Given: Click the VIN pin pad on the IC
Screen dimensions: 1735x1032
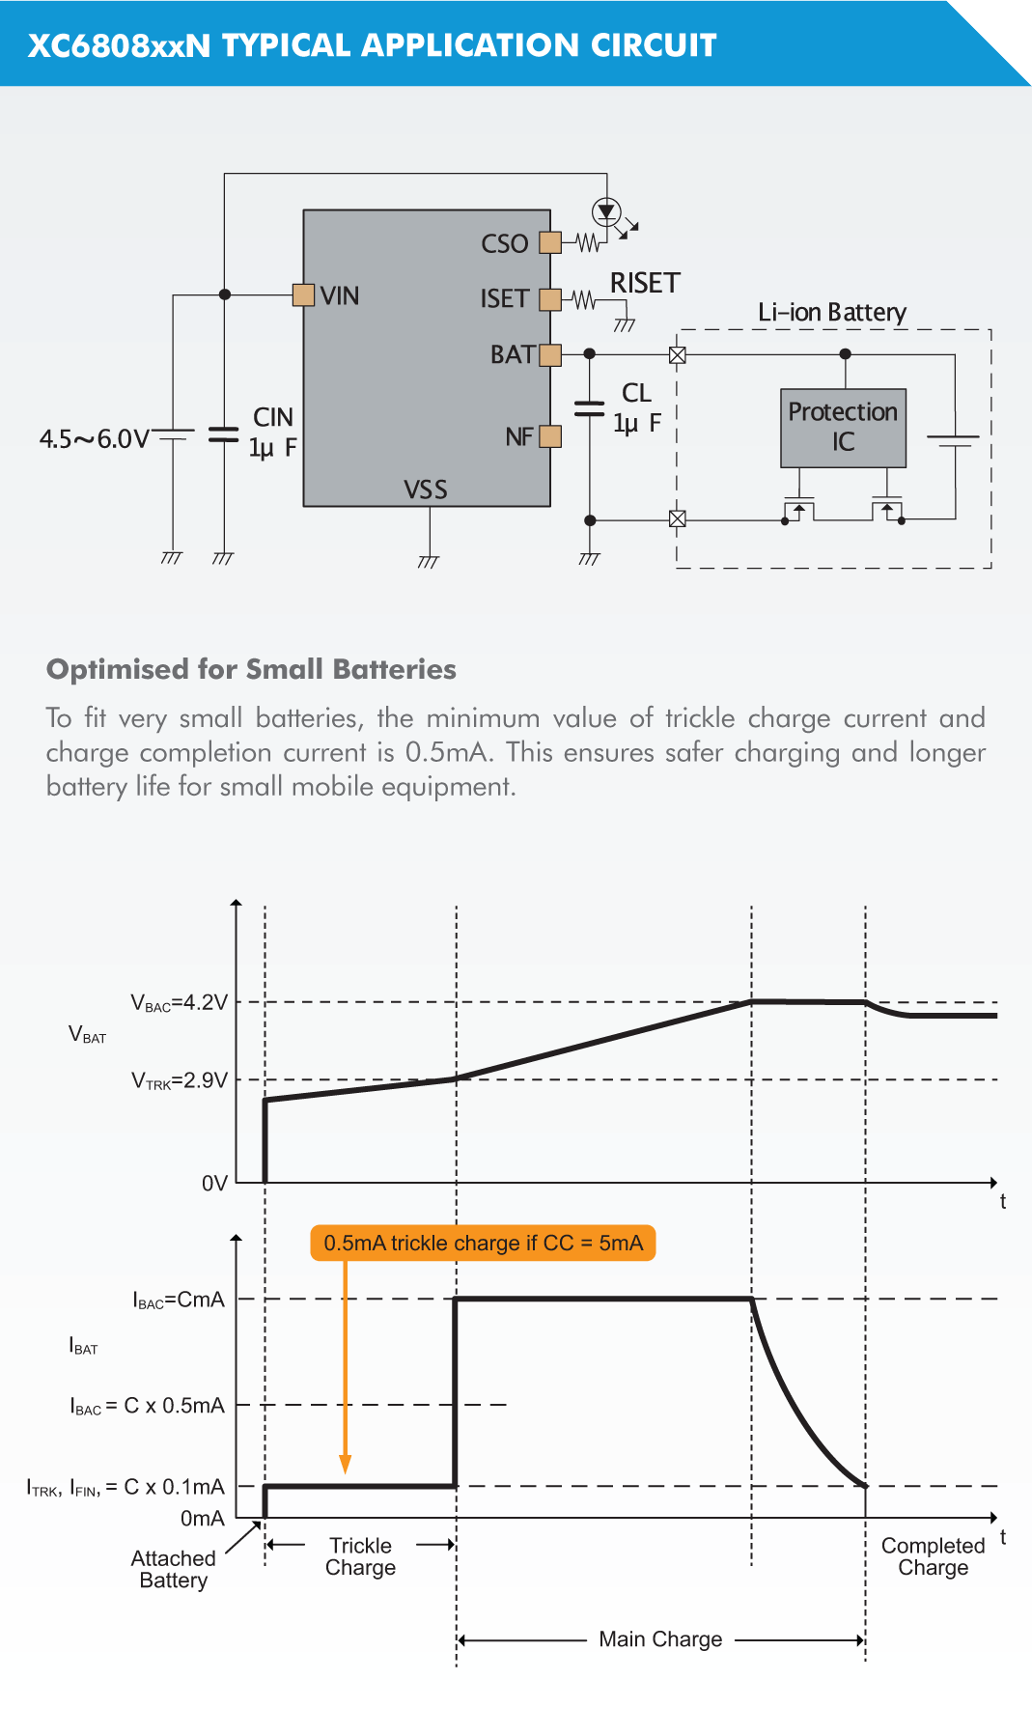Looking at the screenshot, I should pos(303,294).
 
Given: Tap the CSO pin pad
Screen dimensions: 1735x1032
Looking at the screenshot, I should pos(550,242).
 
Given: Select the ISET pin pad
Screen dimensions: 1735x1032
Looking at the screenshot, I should pos(550,299).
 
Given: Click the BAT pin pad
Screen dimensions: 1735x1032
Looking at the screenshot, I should pos(550,355).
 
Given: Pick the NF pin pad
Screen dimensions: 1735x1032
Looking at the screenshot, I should pos(550,436).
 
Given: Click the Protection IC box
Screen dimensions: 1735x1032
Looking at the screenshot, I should pos(843,428).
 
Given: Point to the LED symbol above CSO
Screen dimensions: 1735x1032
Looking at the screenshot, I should pos(606,211).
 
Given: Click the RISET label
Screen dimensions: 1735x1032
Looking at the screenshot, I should pos(645,283).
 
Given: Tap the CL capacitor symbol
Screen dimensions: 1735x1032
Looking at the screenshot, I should pos(589,408).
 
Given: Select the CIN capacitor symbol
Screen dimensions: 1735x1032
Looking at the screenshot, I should pos(224,434).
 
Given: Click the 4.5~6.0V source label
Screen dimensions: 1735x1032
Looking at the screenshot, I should pos(94,439).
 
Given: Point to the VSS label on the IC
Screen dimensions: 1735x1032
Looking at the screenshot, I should pos(426,490).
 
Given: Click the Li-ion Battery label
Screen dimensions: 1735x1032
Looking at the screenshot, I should pos(831,312).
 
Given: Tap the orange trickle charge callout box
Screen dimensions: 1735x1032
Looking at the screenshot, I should pos(483,1243).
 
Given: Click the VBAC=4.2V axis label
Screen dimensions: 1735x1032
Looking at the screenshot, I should pos(180,1003).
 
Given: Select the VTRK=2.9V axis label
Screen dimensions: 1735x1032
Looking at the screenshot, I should pos(180,1080).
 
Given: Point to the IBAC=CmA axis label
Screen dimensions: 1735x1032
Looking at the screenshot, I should pos(179,1300).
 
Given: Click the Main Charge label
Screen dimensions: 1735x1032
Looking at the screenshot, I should pos(660,1639).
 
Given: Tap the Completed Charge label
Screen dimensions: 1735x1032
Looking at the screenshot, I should pos(933,1556).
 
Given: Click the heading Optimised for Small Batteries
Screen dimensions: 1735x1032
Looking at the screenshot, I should pos(251,669).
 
